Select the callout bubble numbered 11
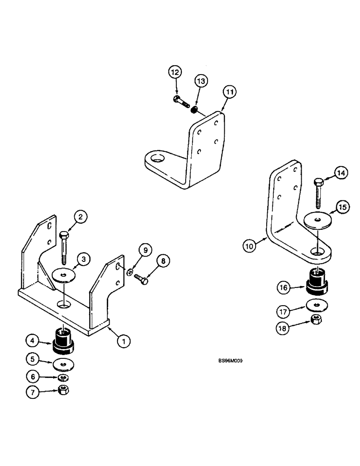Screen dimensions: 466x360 229,92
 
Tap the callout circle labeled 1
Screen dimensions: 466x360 124,342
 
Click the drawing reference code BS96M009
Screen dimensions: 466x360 231,360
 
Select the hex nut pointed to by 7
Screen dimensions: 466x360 64,391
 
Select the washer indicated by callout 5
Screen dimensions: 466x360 63,363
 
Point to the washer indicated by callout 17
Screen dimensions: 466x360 316,305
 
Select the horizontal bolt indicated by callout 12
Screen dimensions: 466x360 181,101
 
